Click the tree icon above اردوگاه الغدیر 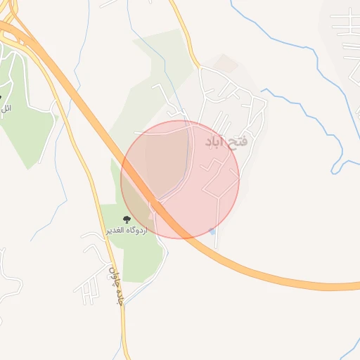pyautogui.click(x=127, y=219)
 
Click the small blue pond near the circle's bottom pyautogui.click(x=212, y=231)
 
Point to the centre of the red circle pyautogui.click(x=180, y=179)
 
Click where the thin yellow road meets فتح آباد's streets pyautogui.click(x=199, y=69)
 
